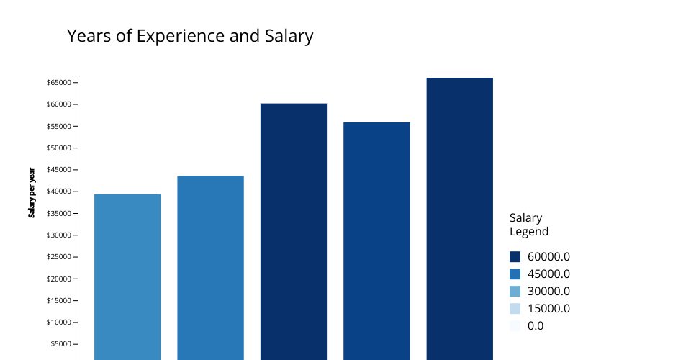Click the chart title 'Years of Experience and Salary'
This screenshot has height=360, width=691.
click(x=190, y=36)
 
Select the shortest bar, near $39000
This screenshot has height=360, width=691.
click(x=127, y=277)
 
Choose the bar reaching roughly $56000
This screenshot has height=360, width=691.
click(x=376, y=241)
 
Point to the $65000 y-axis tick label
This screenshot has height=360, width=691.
click(x=58, y=83)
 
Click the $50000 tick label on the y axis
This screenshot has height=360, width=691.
click(x=58, y=148)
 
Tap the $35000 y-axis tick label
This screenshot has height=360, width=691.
click(x=58, y=214)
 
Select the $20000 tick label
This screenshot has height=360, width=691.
click(x=58, y=279)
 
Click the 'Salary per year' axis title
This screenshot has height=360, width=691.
click(x=32, y=192)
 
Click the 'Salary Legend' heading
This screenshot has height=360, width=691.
click(x=529, y=225)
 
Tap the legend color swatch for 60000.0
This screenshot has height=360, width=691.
click(x=515, y=257)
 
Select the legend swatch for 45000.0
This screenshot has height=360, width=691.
click(x=515, y=274)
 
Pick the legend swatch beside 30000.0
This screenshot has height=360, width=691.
click(x=515, y=292)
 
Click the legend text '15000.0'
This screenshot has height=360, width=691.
click(x=548, y=309)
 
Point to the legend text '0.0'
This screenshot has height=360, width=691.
click(x=536, y=326)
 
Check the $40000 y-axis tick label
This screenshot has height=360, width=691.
click(x=58, y=192)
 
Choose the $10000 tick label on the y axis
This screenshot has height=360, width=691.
click(x=58, y=323)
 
